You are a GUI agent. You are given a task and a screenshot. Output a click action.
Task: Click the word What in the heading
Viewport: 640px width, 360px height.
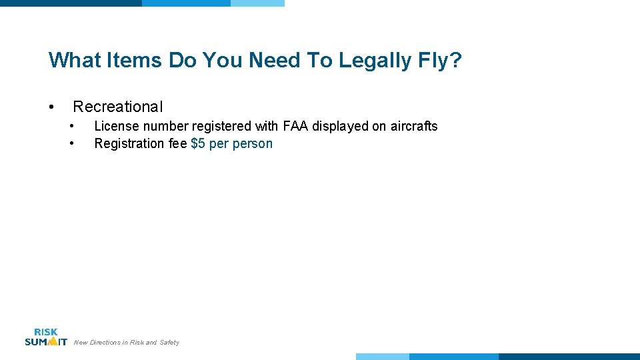73,61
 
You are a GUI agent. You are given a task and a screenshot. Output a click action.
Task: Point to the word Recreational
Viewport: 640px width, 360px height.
117,107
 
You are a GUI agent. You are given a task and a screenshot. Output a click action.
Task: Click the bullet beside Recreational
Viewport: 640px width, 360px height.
51,107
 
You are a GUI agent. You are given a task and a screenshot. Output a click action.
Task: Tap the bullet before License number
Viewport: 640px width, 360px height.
72,126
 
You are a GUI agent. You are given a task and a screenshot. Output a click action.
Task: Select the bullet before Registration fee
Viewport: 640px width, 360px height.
72,143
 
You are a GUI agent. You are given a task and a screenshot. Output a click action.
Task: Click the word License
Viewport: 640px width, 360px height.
116,126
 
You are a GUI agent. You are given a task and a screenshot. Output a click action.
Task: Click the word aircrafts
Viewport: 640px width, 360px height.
413,126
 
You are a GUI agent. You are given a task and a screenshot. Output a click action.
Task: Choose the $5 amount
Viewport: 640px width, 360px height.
198,143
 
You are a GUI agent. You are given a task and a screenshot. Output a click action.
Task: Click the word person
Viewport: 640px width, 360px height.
253,143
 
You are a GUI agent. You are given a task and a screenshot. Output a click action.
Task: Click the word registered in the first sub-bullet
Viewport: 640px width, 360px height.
221,126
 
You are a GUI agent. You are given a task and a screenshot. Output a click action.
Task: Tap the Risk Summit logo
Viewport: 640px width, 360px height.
45,337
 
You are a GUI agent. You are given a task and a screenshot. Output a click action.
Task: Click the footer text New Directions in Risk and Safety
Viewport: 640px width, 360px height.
127,343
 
